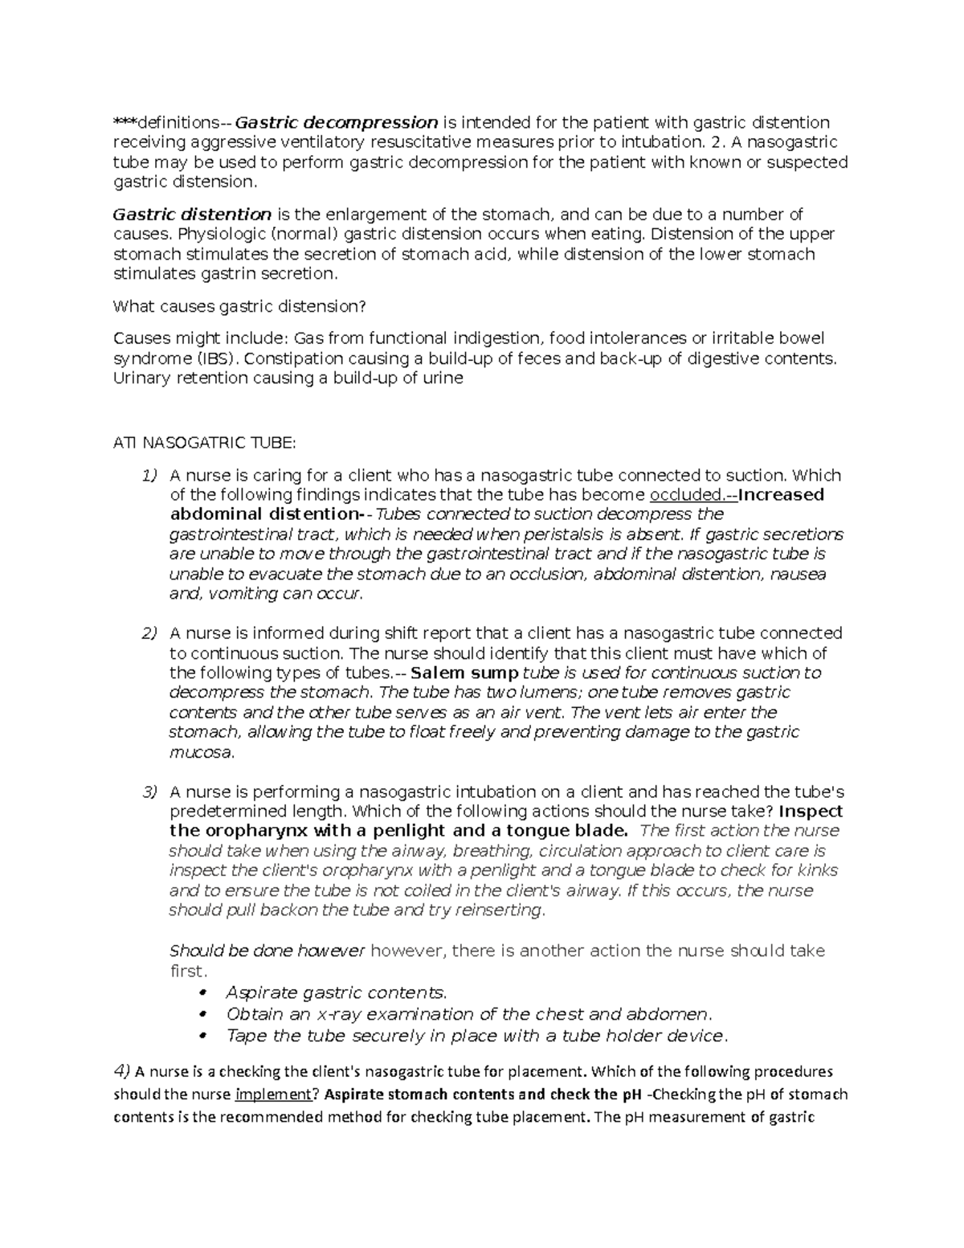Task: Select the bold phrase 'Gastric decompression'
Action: pos(337,123)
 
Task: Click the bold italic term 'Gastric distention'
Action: pos(192,215)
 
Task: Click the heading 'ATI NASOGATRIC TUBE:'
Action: pos(205,443)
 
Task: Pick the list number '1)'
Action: pos(149,476)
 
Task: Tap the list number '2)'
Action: pos(149,634)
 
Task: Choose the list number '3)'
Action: pos(149,792)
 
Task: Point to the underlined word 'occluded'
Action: pos(685,495)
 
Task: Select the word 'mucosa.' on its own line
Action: pos(202,753)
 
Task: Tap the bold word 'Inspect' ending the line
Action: pos(811,812)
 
